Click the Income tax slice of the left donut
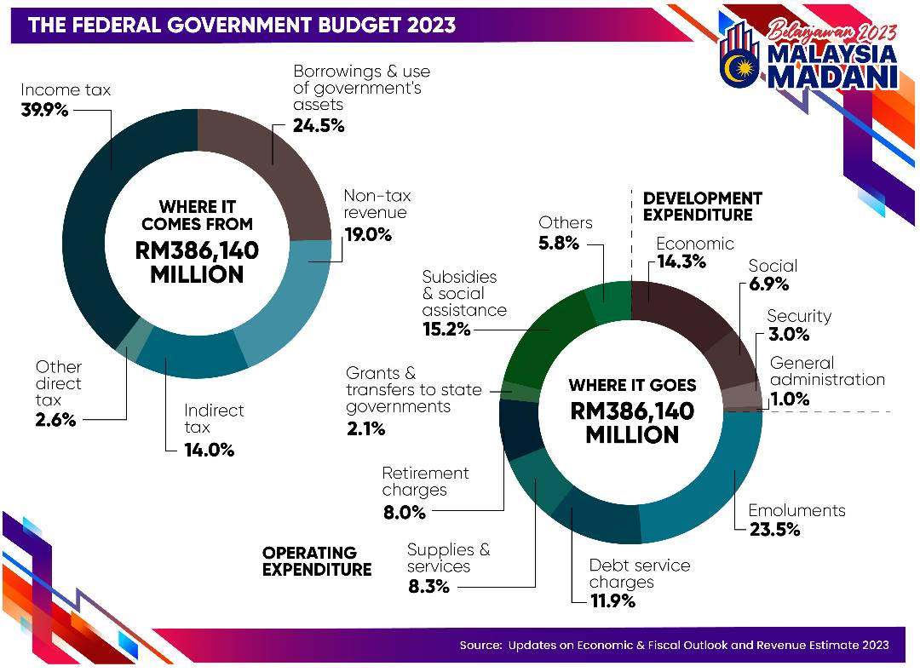pyautogui.click(x=89, y=213)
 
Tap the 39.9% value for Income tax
pyautogui.click(x=43, y=110)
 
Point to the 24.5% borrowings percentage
pyautogui.click(x=319, y=126)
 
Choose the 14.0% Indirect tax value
pyautogui.click(x=209, y=450)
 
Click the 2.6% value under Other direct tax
pyautogui.click(x=55, y=420)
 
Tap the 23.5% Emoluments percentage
pyautogui.click(x=774, y=530)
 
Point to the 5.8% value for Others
pyautogui.click(x=558, y=243)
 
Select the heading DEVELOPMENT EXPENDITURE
pyautogui.click(x=702, y=206)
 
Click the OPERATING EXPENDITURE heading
pyautogui.click(x=316, y=560)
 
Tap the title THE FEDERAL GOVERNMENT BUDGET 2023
pyautogui.click(x=242, y=25)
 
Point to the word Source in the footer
pyautogui.click(x=480, y=645)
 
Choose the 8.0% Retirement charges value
pyautogui.click(x=404, y=513)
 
